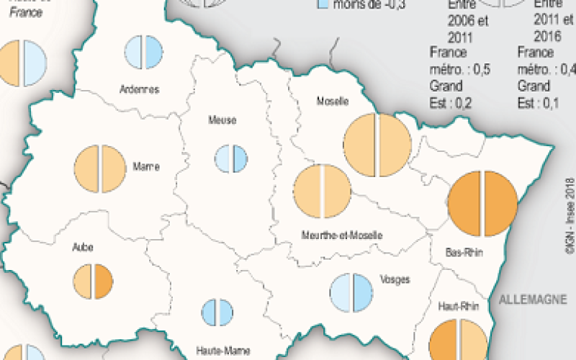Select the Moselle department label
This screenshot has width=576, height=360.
[x=333, y=102]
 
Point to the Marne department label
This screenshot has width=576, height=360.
[x=146, y=166]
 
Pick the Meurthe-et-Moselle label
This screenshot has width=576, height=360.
[x=341, y=235]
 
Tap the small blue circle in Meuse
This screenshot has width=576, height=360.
[x=231, y=158]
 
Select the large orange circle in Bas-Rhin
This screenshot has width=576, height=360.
[x=482, y=204]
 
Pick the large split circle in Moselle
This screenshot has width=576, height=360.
[x=377, y=145]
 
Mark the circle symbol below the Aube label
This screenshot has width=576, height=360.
[x=94, y=281]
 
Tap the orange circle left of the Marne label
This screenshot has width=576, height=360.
[x=100, y=168]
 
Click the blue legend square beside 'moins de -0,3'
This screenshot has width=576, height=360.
[x=323, y=4]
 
